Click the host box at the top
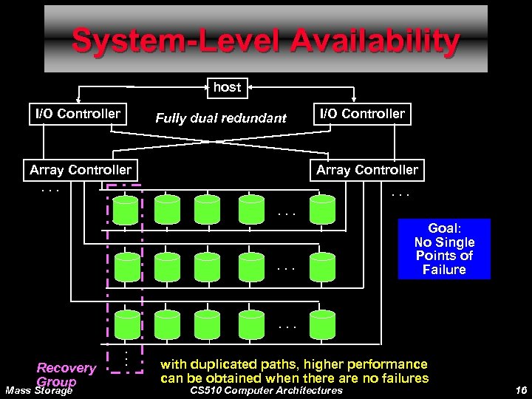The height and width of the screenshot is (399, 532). click(x=227, y=87)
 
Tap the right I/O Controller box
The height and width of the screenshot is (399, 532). click(x=361, y=114)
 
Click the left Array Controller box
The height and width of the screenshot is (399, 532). click(x=81, y=170)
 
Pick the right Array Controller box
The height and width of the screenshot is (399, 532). click(x=367, y=170)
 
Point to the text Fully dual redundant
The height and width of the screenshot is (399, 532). click(x=221, y=117)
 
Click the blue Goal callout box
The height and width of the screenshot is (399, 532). click(x=444, y=248)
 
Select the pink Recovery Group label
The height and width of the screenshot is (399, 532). click(x=66, y=374)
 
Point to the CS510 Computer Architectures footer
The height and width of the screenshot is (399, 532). click(x=266, y=390)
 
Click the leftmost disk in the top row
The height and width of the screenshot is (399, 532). click(x=127, y=210)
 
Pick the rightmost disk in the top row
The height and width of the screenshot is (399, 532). click(x=323, y=210)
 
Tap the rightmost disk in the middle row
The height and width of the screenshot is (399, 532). click(x=323, y=267)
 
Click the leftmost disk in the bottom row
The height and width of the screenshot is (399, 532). click(x=127, y=324)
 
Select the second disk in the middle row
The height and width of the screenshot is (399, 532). click(x=166, y=267)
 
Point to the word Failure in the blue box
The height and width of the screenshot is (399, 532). click(x=444, y=270)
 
